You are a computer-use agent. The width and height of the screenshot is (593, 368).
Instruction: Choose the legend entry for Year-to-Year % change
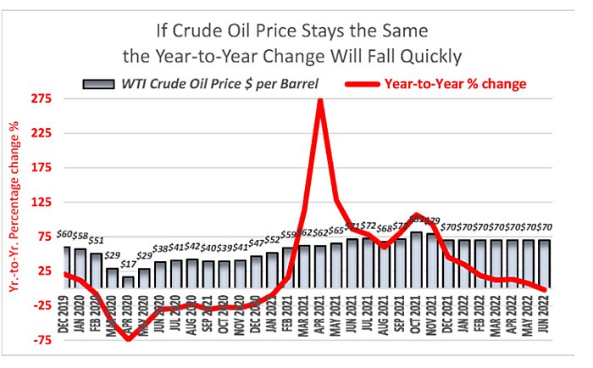[x=456, y=83]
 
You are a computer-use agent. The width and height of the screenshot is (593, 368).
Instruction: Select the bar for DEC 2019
[x=67, y=267]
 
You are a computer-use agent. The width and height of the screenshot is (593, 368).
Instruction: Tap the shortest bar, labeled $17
[x=128, y=282]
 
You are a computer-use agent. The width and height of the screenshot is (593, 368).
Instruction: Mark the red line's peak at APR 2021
[x=319, y=100]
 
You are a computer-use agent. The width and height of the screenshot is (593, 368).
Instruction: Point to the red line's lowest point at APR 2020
[x=128, y=339]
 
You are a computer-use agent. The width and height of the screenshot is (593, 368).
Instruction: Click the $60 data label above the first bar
[x=66, y=234]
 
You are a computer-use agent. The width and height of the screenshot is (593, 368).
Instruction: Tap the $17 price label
[x=127, y=265]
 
